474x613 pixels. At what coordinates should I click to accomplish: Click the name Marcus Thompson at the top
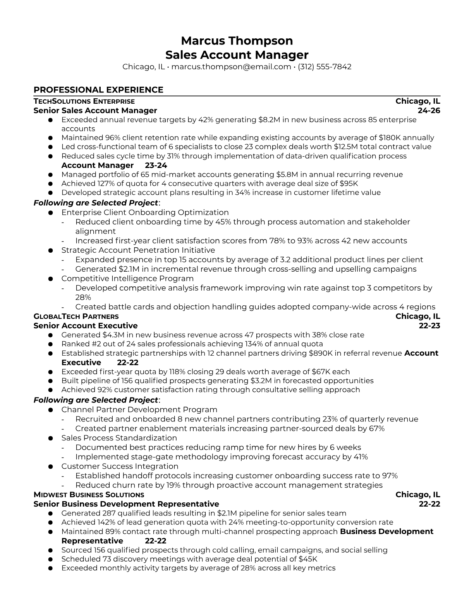pos(237,41)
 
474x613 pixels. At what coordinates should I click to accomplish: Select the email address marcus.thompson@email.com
pos(231,67)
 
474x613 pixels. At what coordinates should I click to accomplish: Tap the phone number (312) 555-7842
pos(325,67)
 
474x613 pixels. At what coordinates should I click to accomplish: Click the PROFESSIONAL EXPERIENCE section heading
pos(98,90)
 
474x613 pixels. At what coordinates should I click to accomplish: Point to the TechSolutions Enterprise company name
pos(84,101)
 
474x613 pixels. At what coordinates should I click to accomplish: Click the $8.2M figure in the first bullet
pos(269,120)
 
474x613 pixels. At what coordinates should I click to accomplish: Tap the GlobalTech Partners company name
pos(76,317)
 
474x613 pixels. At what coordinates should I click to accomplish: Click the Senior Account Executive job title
pos(85,326)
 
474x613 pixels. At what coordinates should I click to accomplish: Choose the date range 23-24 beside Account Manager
pos(156,166)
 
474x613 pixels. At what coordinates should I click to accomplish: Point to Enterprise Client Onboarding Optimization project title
pos(145,212)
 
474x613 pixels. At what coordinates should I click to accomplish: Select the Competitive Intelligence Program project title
pos(127,279)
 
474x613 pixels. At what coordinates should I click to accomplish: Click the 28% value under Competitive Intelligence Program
pos(83,297)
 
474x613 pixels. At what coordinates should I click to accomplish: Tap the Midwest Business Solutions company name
pos(89,495)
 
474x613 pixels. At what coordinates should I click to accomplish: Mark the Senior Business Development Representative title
pos(126,504)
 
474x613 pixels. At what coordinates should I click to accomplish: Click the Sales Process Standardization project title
pos(119,438)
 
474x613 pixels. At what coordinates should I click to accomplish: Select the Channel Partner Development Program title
pos(139,410)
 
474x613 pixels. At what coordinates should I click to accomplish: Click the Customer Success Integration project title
pos(120,466)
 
